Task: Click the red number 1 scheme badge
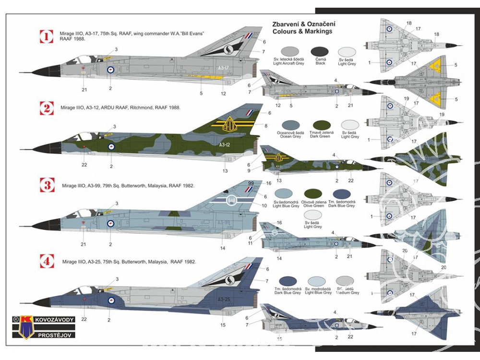click(x=47, y=36)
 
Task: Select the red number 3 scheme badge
click(x=47, y=185)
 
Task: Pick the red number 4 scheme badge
click(x=47, y=262)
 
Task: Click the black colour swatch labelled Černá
click(x=320, y=52)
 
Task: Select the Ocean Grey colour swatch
click(x=291, y=126)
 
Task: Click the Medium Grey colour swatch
click(x=348, y=281)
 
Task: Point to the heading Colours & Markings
click(x=302, y=31)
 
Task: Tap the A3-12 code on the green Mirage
click(x=224, y=144)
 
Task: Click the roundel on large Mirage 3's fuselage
click(x=110, y=223)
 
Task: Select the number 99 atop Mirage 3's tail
click(x=251, y=183)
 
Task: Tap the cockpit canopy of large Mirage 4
click(x=83, y=289)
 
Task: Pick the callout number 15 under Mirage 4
click(x=223, y=325)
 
